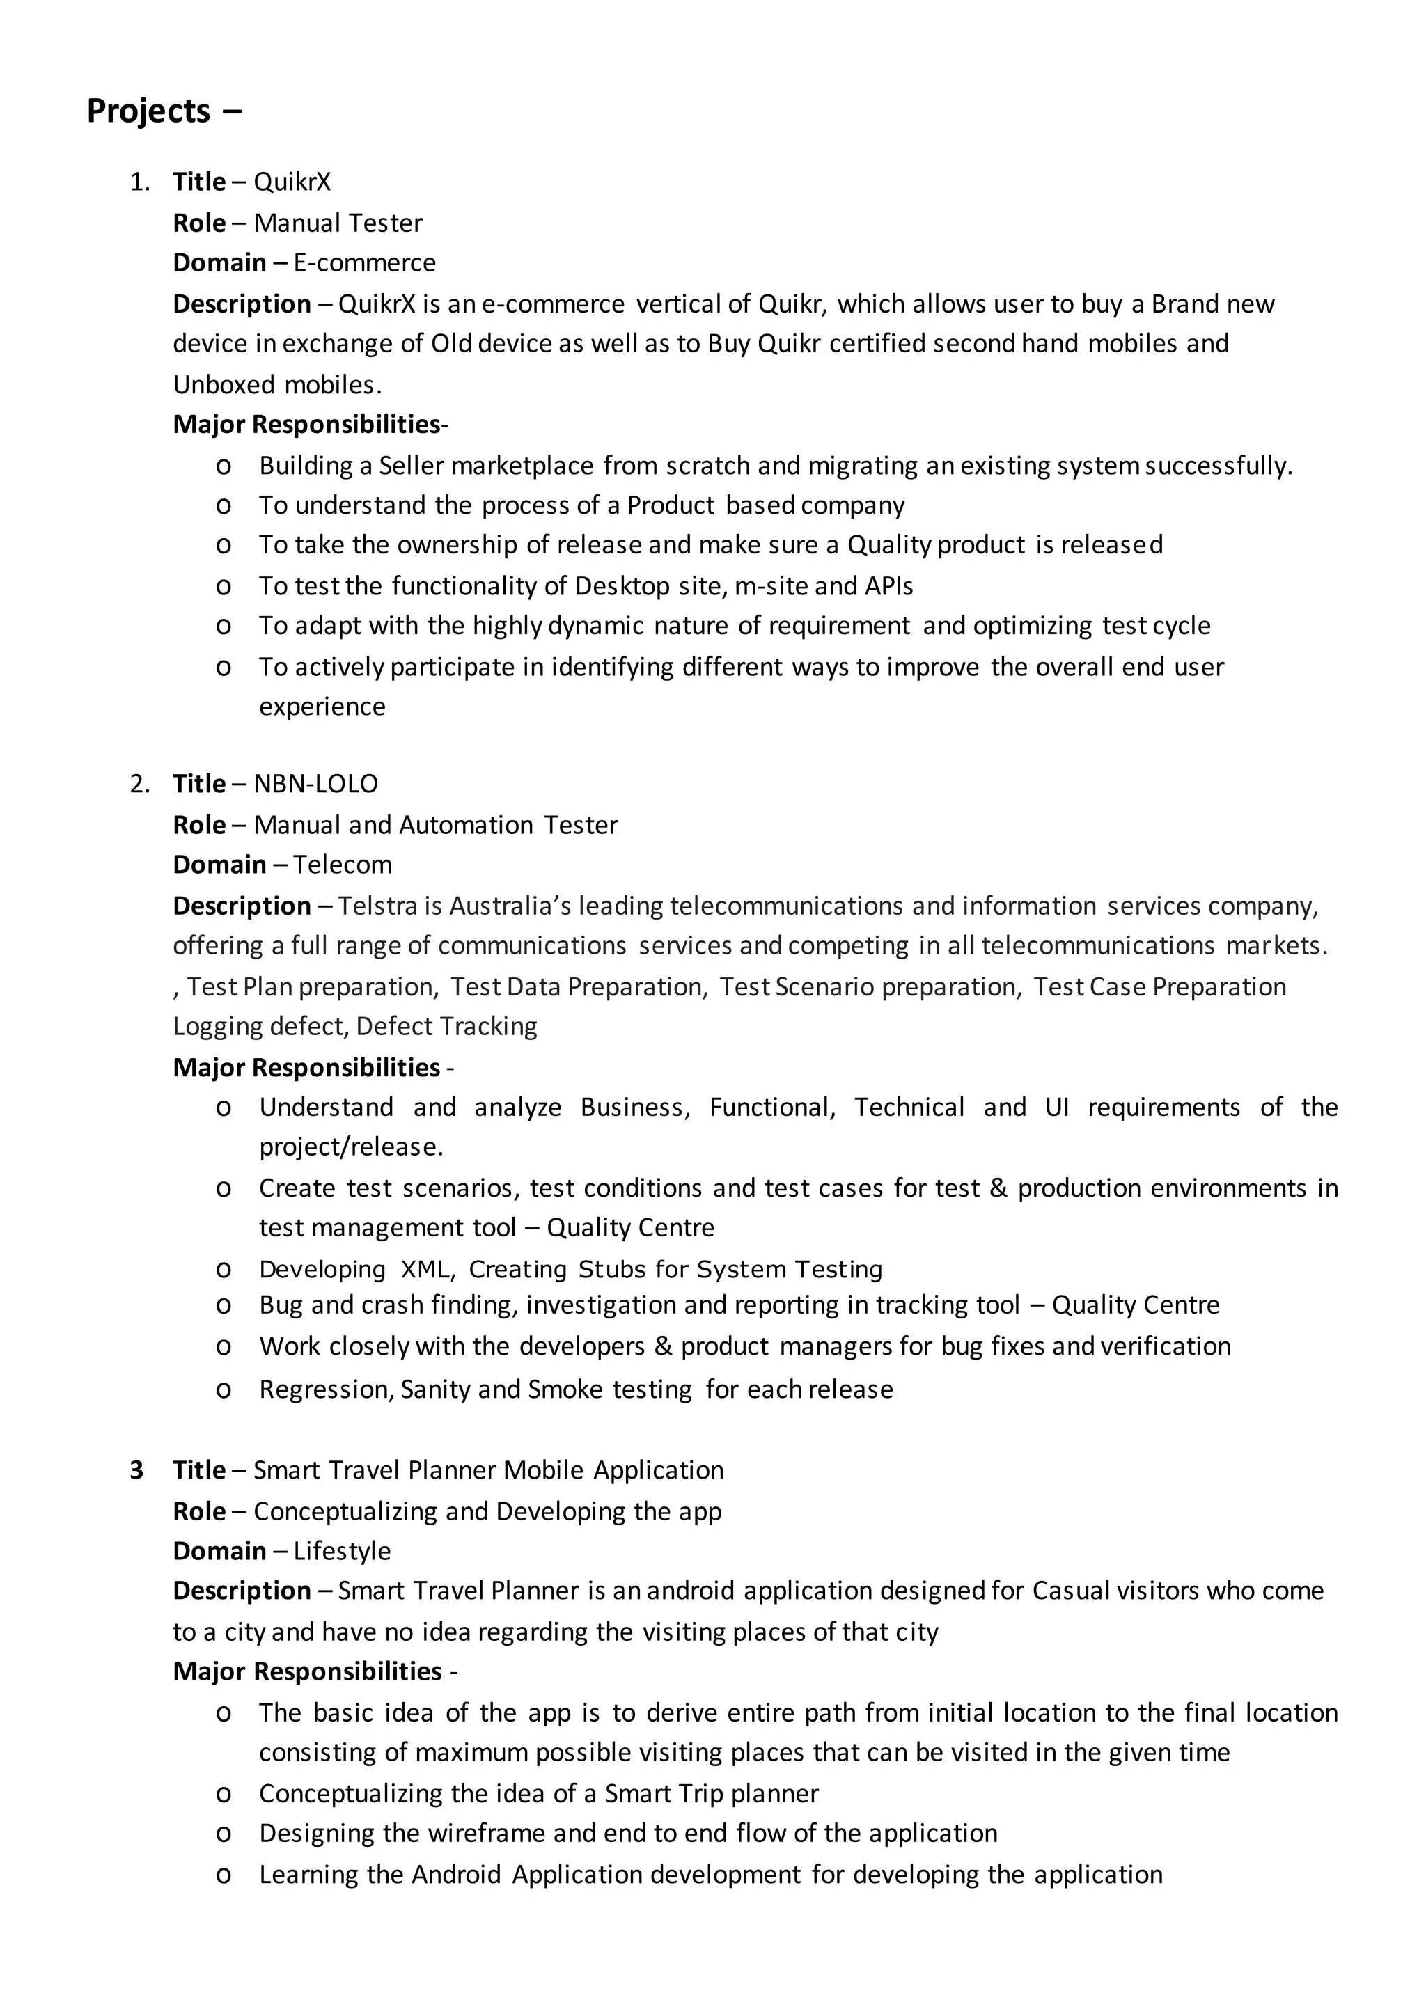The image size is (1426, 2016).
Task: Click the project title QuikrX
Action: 292,182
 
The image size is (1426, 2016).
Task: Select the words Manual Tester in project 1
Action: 338,223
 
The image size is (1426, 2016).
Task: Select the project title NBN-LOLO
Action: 315,783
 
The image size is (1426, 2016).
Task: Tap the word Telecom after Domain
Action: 343,864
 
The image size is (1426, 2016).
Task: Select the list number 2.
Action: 139,784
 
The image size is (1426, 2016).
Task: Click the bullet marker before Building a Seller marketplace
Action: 223,466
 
